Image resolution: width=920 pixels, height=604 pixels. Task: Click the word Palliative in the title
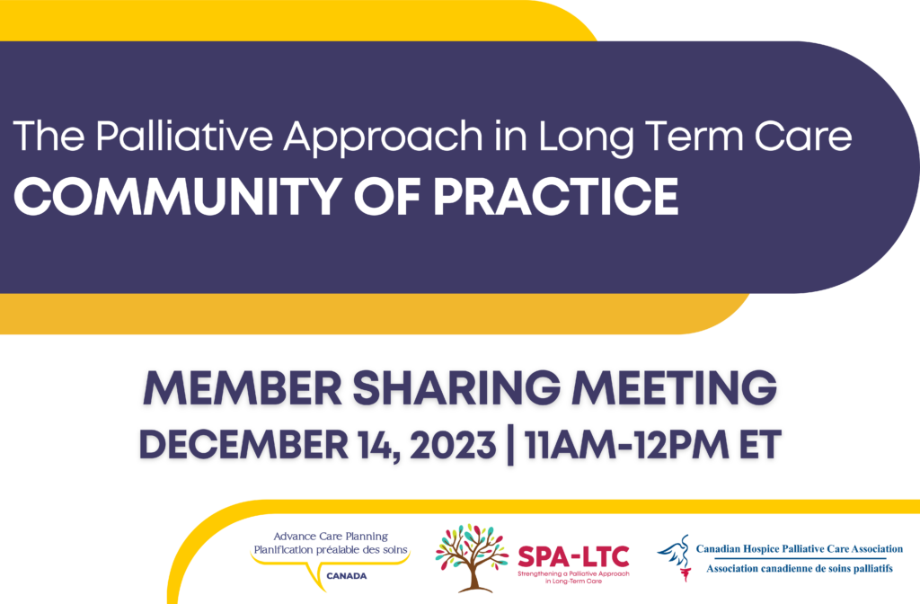pos(184,136)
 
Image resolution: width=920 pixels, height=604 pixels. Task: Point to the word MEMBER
pos(242,388)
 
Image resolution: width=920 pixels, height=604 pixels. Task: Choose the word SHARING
pos(456,388)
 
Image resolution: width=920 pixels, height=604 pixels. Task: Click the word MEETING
pos(675,388)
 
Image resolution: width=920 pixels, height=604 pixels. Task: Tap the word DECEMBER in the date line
pos(243,444)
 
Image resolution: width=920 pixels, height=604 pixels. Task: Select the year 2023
pos(453,444)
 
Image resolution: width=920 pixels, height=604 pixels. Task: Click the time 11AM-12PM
pos(626,444)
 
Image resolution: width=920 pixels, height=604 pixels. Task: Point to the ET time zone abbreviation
pos(760,444)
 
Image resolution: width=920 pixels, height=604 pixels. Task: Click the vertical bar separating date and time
pos(510,446)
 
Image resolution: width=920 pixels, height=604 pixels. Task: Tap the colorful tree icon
pos(472,557)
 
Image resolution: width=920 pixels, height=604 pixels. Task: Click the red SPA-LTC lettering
pos(573,556)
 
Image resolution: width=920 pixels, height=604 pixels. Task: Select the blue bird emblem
pos(675,557)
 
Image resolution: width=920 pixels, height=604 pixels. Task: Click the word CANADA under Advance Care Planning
pos(346,576)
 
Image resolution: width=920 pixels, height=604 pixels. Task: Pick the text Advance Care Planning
pos(331,536)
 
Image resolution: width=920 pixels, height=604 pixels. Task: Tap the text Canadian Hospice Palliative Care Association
pos(800,549)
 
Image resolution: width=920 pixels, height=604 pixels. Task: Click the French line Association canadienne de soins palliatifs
pos(800,568)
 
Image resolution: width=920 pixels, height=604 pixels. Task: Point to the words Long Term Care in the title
pos(695,138)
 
